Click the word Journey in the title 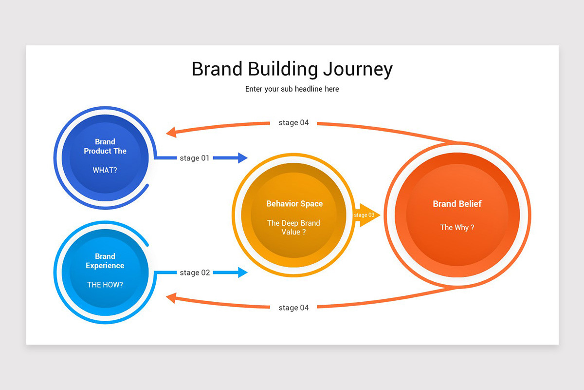[358, 69]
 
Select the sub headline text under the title [292, 89]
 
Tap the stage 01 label [195, 158]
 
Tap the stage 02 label [195, 273]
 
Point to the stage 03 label [364, 215]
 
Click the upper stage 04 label [293, 123]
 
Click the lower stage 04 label [293, 308]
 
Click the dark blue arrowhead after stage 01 [242, 157]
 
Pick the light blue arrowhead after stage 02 [242, 272]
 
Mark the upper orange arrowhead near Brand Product [171, 132]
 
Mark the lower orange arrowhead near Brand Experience [171, 298]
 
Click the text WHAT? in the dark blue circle [105, 171]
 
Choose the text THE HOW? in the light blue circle [105, 285]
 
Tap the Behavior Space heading [294, 204]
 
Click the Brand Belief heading [457, 204]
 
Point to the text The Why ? [457, 227]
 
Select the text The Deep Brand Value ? [293, 227]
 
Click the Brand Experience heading [105, 261]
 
